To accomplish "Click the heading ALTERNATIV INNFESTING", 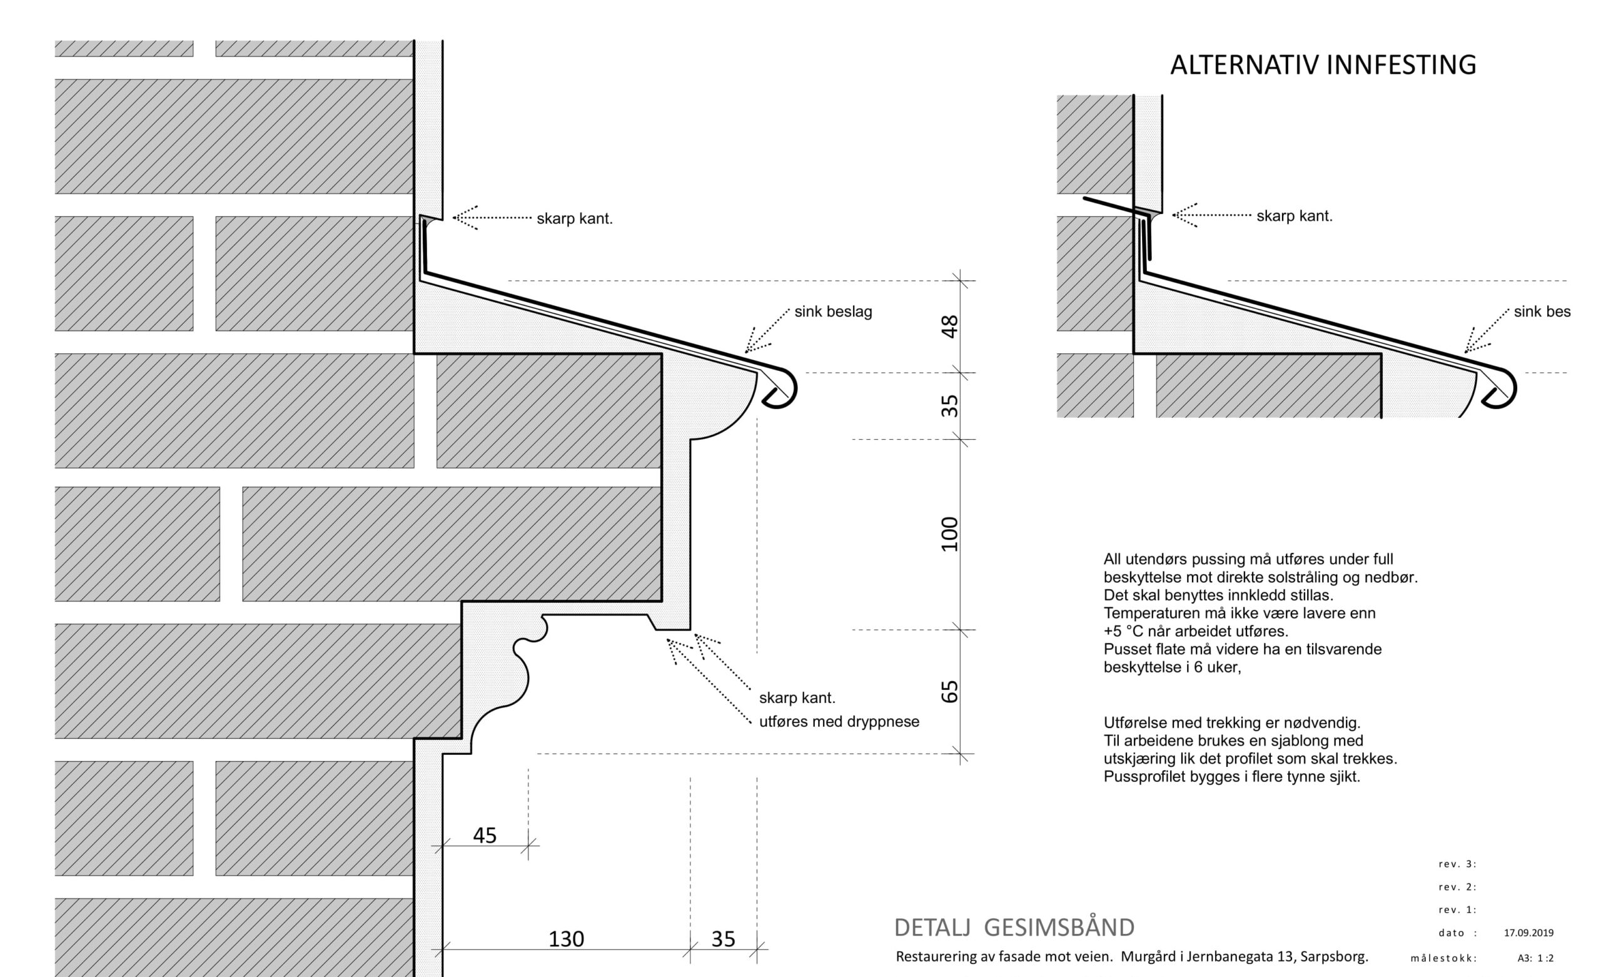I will pos(1323,66).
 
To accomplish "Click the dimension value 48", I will pos(950,327).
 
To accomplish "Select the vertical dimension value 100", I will pos(950,534).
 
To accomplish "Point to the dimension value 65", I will pos(950,692).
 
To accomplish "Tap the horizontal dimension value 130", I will pos(566,939).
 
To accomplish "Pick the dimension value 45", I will pos(485,835).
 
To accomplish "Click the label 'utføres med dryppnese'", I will pos(839,722).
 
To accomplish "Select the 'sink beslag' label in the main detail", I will pos(833,312).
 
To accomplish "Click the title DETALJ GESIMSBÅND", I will pos(1014,928).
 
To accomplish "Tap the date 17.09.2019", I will pos(1528,933).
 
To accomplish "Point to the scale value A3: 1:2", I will pos(1535,958).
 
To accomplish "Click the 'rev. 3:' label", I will pos(1457,864).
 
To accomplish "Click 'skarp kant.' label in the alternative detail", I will pos(1295,216).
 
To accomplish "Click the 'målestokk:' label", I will pos(1444,958).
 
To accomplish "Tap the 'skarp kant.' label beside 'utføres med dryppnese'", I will pos(797,698).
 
